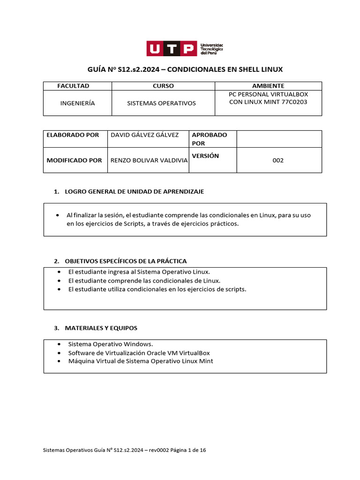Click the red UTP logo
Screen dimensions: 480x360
tap(172, 48)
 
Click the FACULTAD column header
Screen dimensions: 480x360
tap(73, 86)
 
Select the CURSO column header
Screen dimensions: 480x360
tap(163, 86)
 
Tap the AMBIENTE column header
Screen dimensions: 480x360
tap(268, 86)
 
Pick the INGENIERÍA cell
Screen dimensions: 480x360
tap(77, 103)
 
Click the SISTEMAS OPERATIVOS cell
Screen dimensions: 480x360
tap(161, 103)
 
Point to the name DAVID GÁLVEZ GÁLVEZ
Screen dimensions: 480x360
tap(144, 135)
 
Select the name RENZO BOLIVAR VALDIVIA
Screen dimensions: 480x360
tap(149, 160)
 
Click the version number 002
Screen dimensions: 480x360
tap(278, 160)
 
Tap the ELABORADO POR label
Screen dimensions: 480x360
tap(73, 135)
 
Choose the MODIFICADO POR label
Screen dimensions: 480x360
tap(74, 160)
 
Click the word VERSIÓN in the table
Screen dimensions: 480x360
tap(205, 156)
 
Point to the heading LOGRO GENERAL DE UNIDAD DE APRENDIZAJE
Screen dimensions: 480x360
tap(134, 192)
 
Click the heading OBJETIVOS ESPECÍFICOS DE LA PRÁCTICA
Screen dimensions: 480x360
tap(126, 261)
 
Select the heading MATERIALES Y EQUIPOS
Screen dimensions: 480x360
tap(101, 328)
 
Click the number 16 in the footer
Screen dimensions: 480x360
tap(202, 450)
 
